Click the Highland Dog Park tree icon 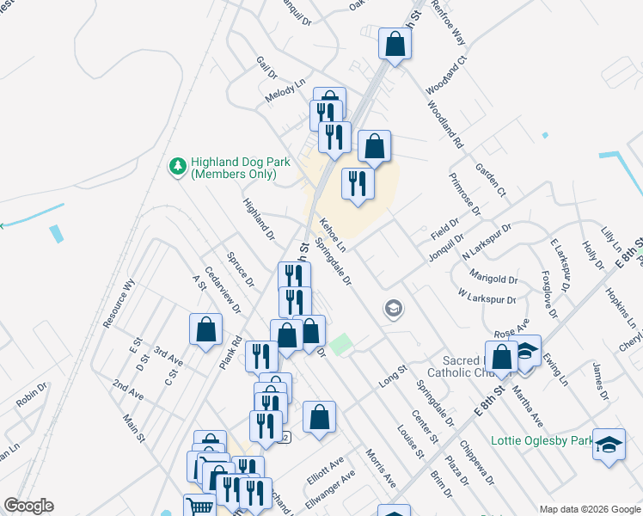pyautogui.click(x=178, y=166)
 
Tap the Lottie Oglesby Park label pyautogui.click(x=542, y=441)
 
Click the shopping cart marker pyautogui.click(x=199, y=506)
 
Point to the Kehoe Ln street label pyautogui.click(x=333, y=235)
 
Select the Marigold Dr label pyautogui.click(x=493, y=278)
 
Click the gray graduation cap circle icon pyautogui.click(x=394, y=308)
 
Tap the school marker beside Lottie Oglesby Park pyautogui.click(x=609, y=445)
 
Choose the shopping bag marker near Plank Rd pyautogui.click(x=205, y=329)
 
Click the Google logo pyautogui.click(x=28, y=506)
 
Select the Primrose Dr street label pyautogui.click(x=464, y=193)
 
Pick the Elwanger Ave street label pyautogui.click(x=331, y=487)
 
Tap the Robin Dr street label pyautogui.click(x=31, y=395)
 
